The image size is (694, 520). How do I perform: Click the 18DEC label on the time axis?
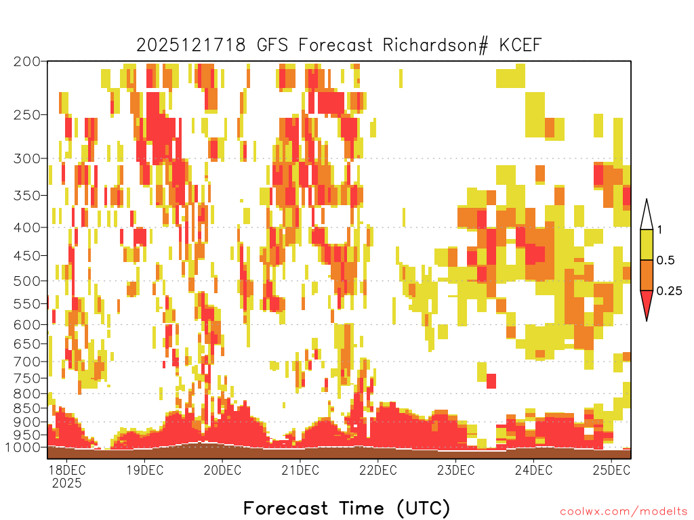pos(66,470)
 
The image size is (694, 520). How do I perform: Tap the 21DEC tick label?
pos(300,470)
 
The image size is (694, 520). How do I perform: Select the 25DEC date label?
pos(611,470)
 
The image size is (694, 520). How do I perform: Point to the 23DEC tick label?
pos(456,470)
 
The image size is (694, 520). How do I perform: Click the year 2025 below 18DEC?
pos(66,483)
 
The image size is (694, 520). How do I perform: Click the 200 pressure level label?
pos(27,62)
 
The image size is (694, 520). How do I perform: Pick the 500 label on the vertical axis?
pos(27,281)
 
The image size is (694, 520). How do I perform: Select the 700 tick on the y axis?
pos(27,362)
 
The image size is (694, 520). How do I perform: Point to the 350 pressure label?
pos(27,195)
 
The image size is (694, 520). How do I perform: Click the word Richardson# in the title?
pos(436,45)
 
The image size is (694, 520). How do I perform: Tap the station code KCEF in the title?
pos(520,45)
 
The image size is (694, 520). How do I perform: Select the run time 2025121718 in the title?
pos(190,45)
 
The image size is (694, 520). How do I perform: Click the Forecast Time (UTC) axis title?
pos(346,508)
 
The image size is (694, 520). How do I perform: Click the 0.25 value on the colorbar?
pos(669,291)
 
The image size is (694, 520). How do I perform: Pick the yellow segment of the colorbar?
pos(647,244)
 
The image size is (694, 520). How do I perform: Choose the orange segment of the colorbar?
pos(647,275)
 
